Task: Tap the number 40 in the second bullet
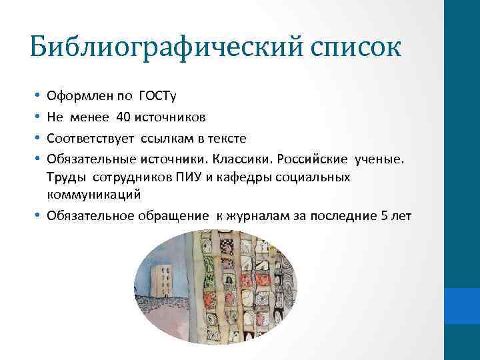[123, 117]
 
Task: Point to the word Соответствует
[90, 138]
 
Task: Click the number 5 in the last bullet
[382, 215]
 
